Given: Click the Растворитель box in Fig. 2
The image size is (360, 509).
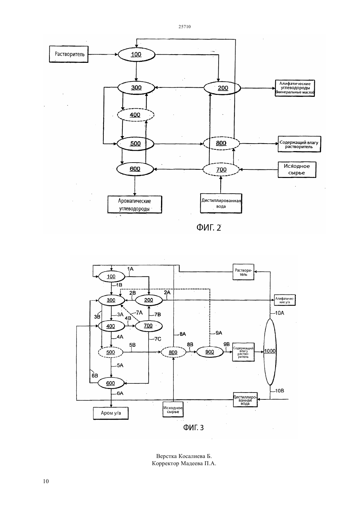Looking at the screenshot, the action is pos(69,54).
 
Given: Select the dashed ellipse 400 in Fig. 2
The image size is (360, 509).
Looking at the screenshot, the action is pos(136,115).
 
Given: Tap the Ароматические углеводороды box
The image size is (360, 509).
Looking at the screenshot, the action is pos(135,204).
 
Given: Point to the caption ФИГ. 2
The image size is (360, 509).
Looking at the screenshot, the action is pos(209,227).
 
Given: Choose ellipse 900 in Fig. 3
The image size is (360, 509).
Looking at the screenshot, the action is pos(210,352).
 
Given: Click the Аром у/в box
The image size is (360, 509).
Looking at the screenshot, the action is pos(111,413).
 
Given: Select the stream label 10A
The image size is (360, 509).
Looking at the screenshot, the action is pos(279,313).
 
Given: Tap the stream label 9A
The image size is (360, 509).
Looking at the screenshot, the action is pos(219,333).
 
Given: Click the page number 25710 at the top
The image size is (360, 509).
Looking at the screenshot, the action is pos(185,26).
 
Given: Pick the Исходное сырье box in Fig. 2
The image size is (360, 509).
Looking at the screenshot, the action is pos(297,169).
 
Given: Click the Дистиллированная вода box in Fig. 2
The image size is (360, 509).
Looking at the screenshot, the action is pos(221,203).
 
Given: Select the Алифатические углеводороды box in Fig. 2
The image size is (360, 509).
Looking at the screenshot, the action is pos(295,88).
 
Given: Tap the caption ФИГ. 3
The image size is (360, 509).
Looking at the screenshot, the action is pos(193,428).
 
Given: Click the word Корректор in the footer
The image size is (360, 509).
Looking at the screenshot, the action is pos(166,463).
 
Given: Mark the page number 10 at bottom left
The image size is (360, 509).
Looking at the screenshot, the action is pos(46,481).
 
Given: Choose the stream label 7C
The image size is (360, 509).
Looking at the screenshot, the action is pos(158,339).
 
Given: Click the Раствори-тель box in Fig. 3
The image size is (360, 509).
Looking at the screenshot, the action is pos(243,272).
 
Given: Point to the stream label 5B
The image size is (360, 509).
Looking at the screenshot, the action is pos(132,345).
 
